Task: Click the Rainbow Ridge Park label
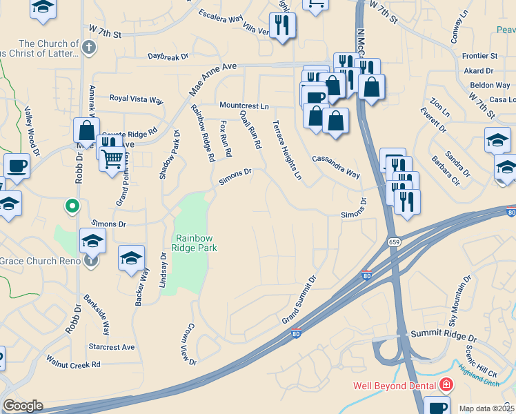(x=195, y=242)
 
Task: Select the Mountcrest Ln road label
(x=244, y=106)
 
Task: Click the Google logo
(x=23, y=406)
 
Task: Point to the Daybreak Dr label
(x=168, y=57)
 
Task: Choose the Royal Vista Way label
(x=137, y=99)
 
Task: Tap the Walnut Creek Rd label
(x=73, y=363)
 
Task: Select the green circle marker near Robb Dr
(x=71, y=205)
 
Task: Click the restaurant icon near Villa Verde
(x=282, y=26)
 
